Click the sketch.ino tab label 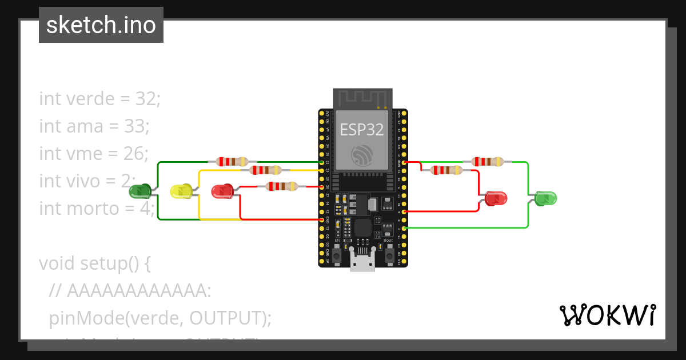tap(101, 25)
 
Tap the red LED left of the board tap(222, 191)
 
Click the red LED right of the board tap(496, 198)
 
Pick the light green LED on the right tap(545, 198)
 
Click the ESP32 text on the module tap(362, 130)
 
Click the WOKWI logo tap(607, 315)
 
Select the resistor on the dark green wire tap(232, 162)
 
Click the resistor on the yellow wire tap(265, 170)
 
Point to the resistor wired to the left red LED tap(281, 186)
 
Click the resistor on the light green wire tap(488, 162)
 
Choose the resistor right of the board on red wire tap(446, 170)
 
